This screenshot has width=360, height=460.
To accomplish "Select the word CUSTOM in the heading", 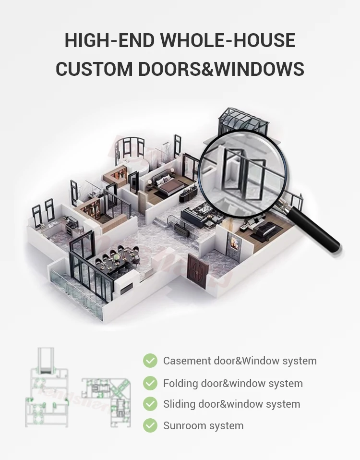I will [x=94, y=69].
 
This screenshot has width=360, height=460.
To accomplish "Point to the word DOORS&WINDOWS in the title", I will [x=221, y=69].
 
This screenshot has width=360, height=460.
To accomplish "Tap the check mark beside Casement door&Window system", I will [x=150, y=361].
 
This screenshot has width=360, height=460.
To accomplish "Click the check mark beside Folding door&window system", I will [x=150, y=383].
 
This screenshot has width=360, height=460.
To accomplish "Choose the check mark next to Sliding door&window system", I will [x=150, y=404].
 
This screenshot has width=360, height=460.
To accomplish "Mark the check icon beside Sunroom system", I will [x=150, y=425].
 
